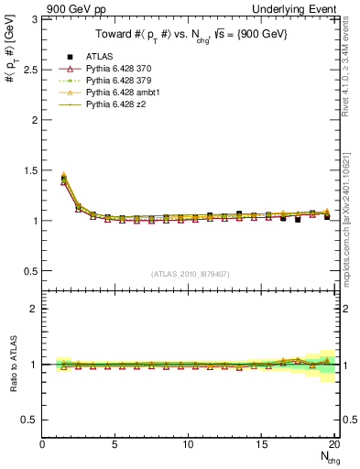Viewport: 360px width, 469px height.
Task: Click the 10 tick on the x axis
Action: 188,444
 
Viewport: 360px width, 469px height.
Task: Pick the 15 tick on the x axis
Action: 261,444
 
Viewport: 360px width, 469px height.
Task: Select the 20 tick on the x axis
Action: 333,444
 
